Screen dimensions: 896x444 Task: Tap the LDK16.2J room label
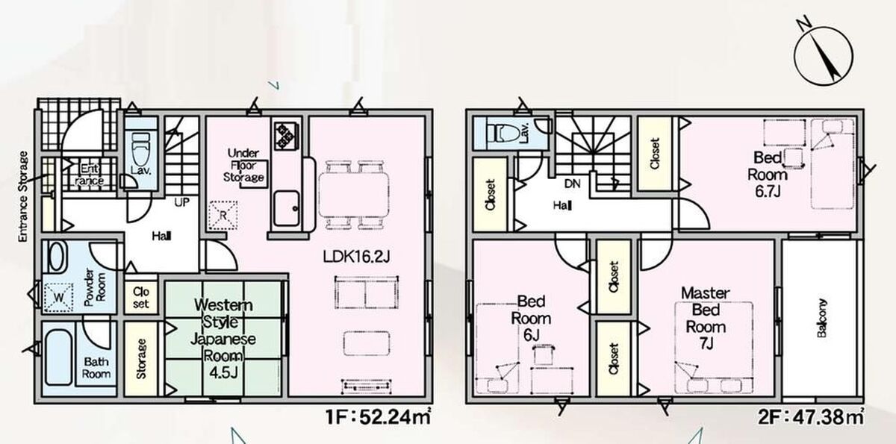pos(356,257)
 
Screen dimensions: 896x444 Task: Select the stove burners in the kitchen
pos(287,136)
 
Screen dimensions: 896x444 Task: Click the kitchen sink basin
pos(287,208)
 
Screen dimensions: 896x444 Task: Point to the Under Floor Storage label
pos(243,165)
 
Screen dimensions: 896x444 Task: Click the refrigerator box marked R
pos(223,215)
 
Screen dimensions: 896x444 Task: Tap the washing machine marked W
pos(58,297)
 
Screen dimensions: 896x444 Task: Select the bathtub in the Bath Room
pos(59,357)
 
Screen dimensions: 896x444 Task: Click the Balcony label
pos(822,318)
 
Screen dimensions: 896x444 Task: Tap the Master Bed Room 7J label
pos(706,318)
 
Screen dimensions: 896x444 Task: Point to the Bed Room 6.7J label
pos(768,175)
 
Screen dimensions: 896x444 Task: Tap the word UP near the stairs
pos(182,203)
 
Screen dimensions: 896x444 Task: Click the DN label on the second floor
pos(573,184)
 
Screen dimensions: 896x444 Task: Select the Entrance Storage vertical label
pos(24,196)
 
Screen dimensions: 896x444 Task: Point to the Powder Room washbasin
pos(57,256)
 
